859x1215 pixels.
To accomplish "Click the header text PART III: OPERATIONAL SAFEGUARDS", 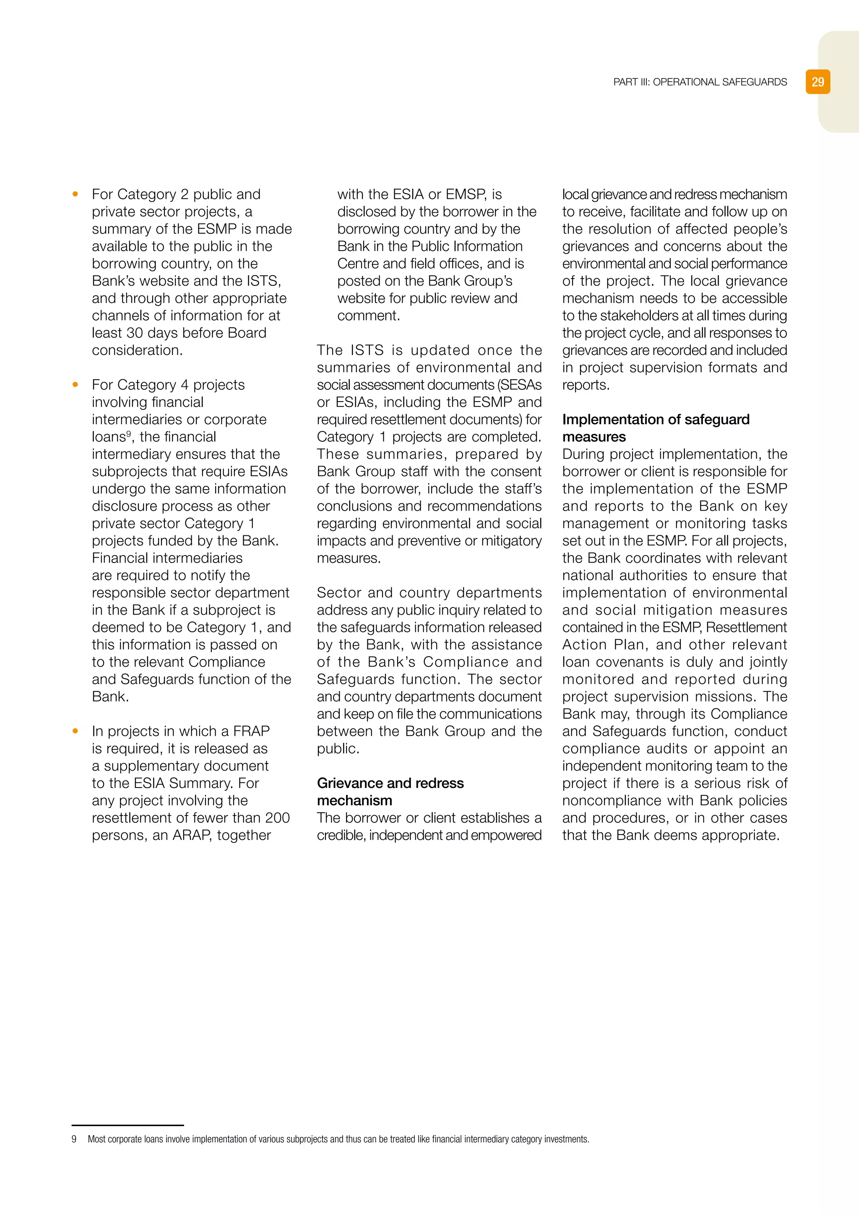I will [700, 82].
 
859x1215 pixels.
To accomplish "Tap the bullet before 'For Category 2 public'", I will [75, 194].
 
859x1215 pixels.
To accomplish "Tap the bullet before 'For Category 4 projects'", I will [75, 385].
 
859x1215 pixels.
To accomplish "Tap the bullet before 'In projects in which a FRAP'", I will [75, 731].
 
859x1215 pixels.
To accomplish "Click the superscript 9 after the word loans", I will [128, 434].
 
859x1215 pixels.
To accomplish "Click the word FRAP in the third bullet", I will [251, 731].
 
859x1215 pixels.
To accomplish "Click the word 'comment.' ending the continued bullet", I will [369, 316].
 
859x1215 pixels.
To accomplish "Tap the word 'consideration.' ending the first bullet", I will [137, 350].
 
